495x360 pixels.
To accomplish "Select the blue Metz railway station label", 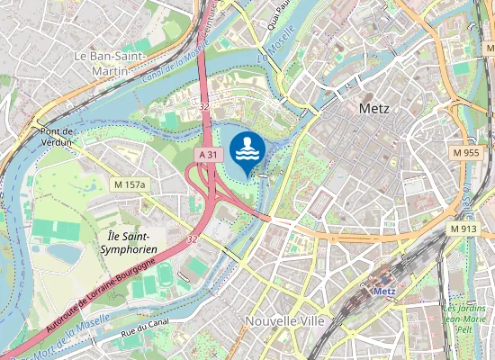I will [384, 291].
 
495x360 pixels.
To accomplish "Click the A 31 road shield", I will [208, 155].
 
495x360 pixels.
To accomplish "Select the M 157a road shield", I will [130, 184].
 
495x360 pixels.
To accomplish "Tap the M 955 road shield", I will [465, 154].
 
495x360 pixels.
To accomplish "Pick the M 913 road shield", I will [463, 229].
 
